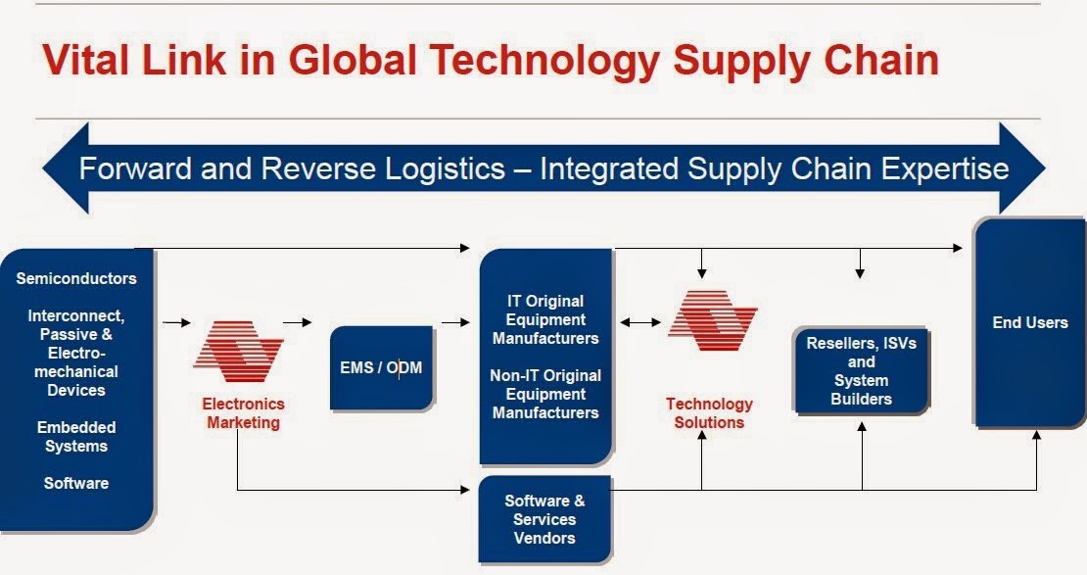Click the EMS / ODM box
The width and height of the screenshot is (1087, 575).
point(381,367)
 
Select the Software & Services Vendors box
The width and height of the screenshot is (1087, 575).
point(544,519)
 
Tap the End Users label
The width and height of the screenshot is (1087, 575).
point(1030,322)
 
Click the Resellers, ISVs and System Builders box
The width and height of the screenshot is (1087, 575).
point(861,370)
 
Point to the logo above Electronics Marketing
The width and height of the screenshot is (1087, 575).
point(238,351)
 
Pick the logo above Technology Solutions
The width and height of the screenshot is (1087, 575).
point(713,319)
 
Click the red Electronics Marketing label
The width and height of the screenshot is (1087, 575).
point(243,412)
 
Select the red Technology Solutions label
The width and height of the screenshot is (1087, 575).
point(709,412)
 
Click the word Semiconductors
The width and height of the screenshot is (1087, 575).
point(76,278)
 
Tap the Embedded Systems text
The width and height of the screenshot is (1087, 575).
point(76,436)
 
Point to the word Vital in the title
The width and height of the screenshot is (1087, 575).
point(86,60)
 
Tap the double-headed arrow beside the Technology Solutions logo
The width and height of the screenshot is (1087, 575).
point(640,322)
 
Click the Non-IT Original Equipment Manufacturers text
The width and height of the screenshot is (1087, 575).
point(545,394)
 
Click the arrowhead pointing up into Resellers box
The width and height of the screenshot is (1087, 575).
point(862,426)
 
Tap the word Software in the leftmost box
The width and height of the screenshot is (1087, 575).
point(76,483)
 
